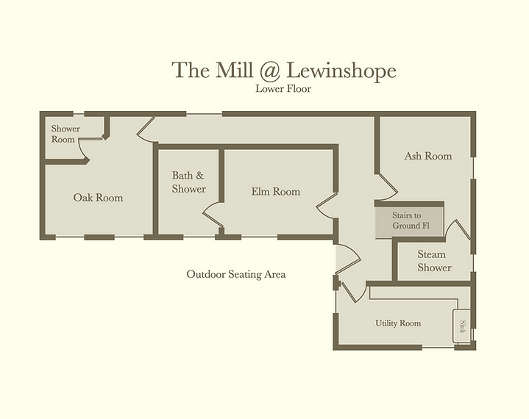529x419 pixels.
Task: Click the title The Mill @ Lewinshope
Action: tap(284, 71)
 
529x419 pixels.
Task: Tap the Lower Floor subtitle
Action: tap(284, 90)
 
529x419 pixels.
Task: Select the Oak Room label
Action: tap(98, 198)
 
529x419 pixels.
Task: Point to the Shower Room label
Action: tap(65, 134)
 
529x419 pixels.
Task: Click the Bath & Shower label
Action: tap(188, 182)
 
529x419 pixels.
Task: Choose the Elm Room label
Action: tap(276, 192)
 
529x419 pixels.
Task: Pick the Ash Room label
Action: tap(428, 156)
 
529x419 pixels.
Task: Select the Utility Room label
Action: tap(398, 323)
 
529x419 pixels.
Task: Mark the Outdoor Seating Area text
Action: tap(235, 274)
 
